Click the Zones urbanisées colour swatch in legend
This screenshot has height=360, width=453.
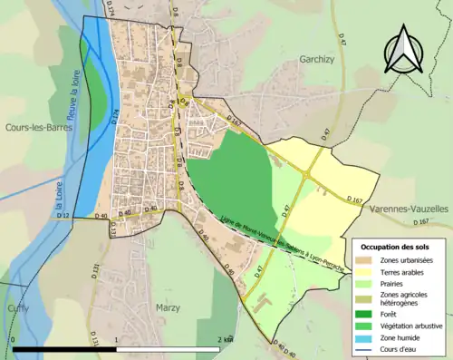point(368,259)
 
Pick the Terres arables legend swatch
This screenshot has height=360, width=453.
point(368,271)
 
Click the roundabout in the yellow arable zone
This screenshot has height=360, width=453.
point(312,173)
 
